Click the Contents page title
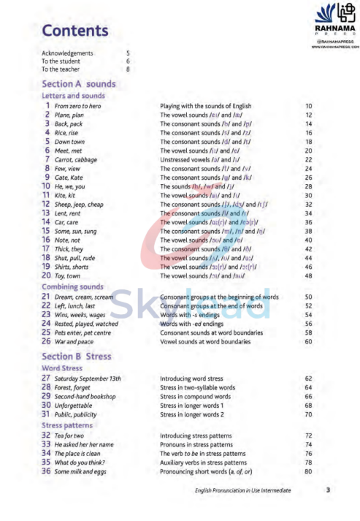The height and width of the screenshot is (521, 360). coord(74,31)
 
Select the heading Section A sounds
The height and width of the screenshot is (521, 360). coord(79,84)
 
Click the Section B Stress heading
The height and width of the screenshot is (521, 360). coord(76,357)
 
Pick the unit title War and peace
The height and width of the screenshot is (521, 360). coord(72,341)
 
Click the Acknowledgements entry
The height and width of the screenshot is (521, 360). coord(67,53)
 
